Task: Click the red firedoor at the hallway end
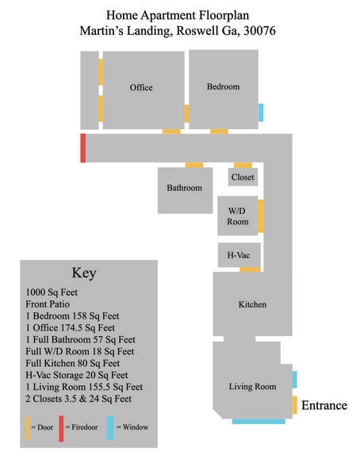coord(83,148)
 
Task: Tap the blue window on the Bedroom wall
coord(261,113)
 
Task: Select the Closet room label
coord(243,178)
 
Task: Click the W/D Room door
coord(260,216)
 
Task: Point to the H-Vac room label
coord(239,255)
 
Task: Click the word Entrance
coord(324,406)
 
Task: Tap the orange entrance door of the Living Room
coord(295,405)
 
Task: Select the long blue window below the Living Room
coord(259,421)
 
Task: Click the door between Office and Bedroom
coord(186,113)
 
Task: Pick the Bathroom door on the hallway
coord(194,165)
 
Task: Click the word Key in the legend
coord(84,273)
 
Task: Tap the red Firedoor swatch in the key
coord(61,429)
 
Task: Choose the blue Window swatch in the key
coord(110,428)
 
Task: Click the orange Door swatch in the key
coord(27,429)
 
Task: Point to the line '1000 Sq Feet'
coord(52,292)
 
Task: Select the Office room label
coord(141,87)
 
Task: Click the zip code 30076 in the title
coord(259,30)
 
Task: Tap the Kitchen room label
coord(252,304)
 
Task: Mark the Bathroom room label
coord(184,188)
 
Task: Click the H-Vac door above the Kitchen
coord(251,269)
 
